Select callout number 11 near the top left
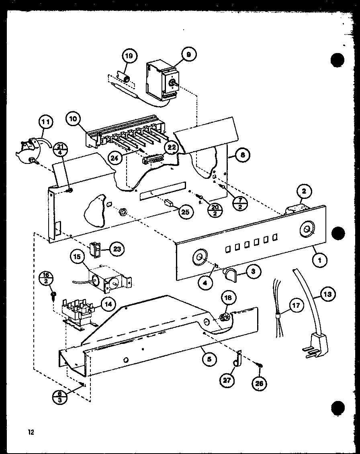point(46,121)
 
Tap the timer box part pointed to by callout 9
point(161,80)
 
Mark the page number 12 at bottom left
point(31,432)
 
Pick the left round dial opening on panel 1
point(198,257)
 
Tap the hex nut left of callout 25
point(124,211)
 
